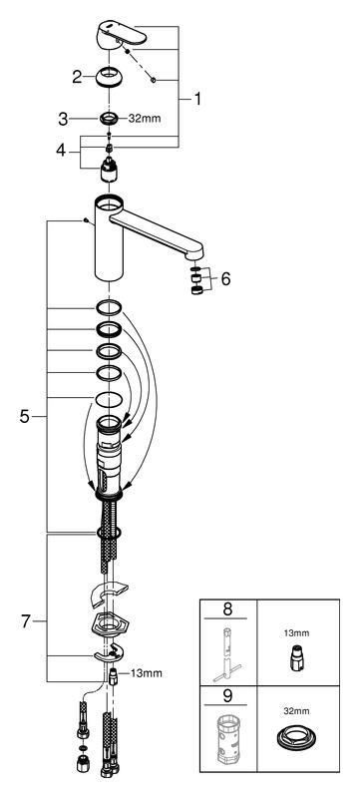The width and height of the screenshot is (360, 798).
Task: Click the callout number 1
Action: pos(196,99)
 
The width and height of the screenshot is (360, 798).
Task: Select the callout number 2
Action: pos(77,78)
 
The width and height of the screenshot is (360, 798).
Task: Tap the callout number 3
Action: pos(63,119)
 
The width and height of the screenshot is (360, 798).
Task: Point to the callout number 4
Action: pos(61,151)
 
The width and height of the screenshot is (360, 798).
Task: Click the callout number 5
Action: pos(24,417)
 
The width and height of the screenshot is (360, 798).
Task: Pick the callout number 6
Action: pos(225,278)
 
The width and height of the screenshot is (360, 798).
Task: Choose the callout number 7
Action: pos(25,621)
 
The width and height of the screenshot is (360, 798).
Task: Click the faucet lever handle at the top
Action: pos(122,35)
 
